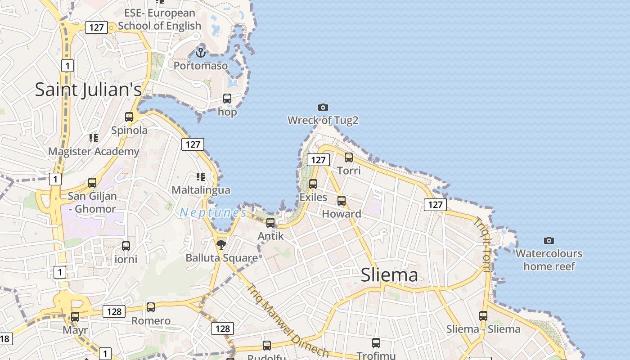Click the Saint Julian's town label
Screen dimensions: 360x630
[88, 90]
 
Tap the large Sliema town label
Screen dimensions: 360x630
[389, 275]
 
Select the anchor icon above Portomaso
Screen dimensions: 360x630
[201, 53]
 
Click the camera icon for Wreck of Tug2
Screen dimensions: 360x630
[323, 107]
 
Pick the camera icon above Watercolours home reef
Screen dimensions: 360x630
[549, 240]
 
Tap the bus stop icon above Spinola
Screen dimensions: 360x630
[129, 117]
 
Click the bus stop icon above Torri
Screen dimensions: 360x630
[349, 157]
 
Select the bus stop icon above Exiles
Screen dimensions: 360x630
[313, 184]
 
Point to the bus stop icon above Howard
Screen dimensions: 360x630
[342, 201]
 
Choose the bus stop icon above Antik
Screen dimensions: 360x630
[270, 222]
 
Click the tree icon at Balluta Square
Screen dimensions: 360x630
[221, 244]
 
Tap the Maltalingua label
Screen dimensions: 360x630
[201, 190]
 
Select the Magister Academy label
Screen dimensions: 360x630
[94, 151]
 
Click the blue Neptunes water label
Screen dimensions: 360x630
[213, 212]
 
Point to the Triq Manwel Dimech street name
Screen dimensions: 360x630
[288, 320]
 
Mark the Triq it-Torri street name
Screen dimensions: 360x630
[482, 245]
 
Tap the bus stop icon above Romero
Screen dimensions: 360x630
[151, 307]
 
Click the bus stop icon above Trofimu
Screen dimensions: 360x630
[376, 343]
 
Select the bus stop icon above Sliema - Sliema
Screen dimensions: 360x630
[483, 316]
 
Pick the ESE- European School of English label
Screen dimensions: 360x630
[160, 19]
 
